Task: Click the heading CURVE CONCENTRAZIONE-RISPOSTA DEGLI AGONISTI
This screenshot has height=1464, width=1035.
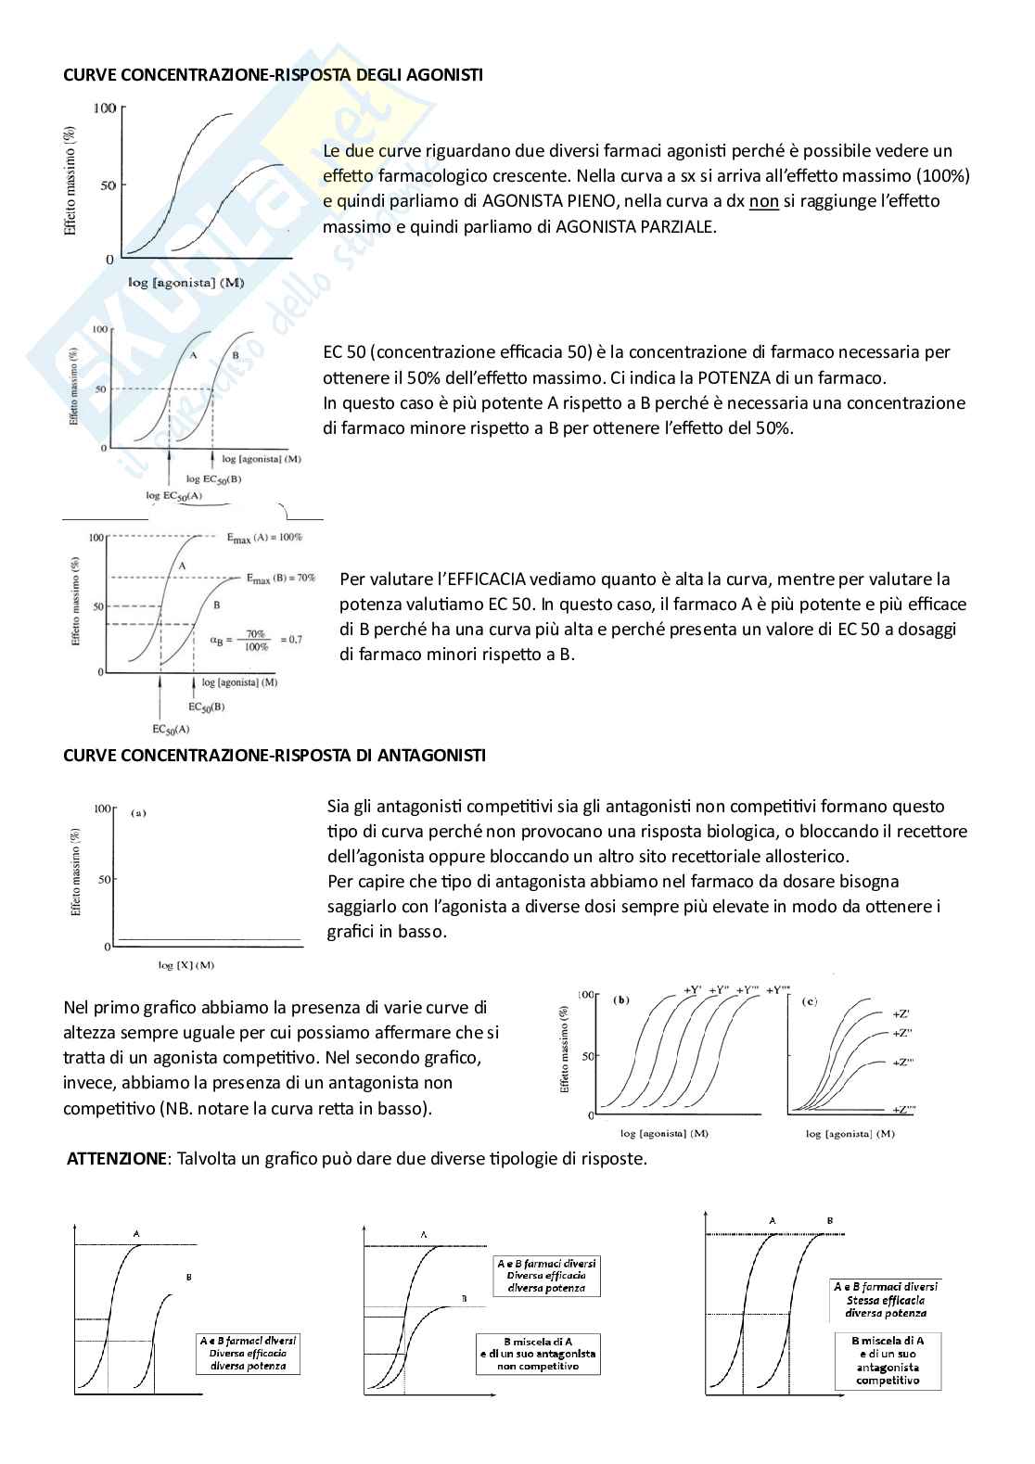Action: [x=273, y=74]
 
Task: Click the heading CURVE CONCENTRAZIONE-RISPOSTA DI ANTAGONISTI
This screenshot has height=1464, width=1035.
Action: [x=274, y=755]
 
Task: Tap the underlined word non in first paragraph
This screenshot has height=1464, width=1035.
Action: [x=763, y=201]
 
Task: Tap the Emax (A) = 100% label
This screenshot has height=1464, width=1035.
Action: [x=264, y=537]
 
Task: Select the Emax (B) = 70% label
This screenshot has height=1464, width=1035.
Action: [x=281, y=578]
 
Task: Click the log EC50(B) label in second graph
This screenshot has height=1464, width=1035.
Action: [x=213, y=478]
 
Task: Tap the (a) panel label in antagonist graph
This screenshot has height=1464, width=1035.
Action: [x=139, y=813]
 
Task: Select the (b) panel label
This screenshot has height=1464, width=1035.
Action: [x=622, y=1000]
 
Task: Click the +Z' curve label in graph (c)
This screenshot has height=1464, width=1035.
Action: [x=901, y=1013]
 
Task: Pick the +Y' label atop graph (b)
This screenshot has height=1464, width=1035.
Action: [x=692, y=989]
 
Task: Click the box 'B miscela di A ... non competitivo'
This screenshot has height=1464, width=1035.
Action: [x=538, y=1354]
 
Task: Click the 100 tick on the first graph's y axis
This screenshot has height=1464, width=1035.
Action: [x=104, y=108]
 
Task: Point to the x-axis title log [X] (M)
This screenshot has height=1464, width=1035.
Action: [x=185, y=965]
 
